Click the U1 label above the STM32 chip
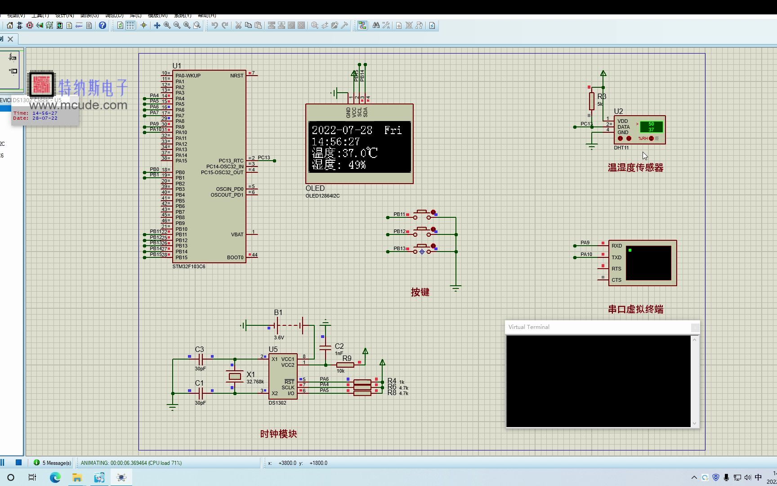(177, 66)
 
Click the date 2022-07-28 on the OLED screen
(342, 130)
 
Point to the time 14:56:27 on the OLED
(335, 142)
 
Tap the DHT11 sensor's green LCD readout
(651, 126)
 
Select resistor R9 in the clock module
(345, 364)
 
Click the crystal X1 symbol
(235, 376)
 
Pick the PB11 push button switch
(422, 214)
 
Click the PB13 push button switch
(422, 249)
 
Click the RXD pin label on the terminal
(616, 246)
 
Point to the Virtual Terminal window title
(529, 327)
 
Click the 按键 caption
(420, 292)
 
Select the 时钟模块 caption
(278, 434)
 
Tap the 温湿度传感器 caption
(635, 168)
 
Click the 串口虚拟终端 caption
(635, 310)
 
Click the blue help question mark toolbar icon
(103, 26)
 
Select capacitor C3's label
(199, 349)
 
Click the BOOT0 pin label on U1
(235, 257)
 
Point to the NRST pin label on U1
(237, 76)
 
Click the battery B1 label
(278, 312)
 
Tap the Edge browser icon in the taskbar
(55, 477)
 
